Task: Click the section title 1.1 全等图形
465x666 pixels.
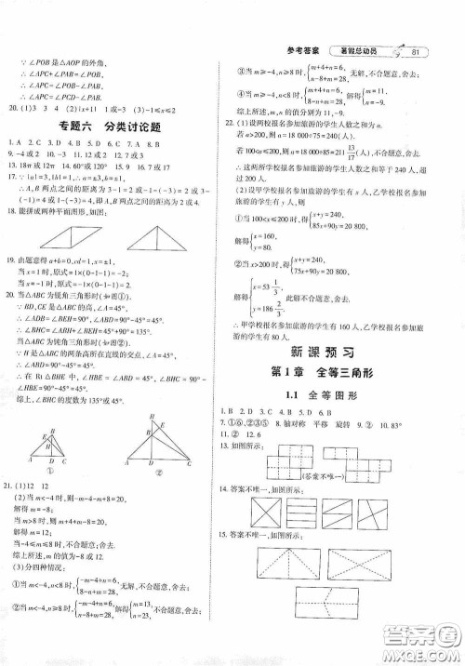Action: click(332, 395)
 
